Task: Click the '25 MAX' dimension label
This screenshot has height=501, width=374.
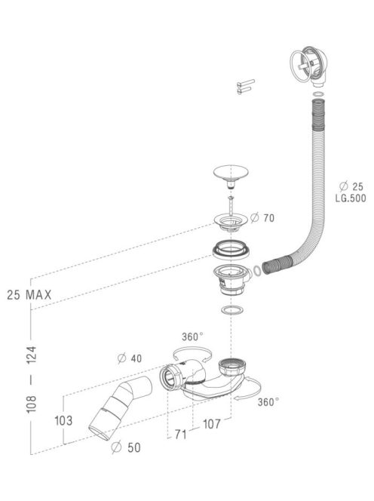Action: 29,294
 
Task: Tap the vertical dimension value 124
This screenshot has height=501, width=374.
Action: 32,355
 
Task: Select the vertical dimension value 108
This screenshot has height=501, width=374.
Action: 32,404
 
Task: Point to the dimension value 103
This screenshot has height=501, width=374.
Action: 63,420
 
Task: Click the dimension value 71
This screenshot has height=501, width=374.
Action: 181,434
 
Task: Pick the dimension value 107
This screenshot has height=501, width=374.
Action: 212,424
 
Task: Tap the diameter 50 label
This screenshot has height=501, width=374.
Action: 126,447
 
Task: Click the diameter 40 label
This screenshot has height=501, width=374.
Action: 130,358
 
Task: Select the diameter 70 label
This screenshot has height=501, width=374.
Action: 262,218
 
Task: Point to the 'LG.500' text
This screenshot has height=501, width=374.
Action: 351,198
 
